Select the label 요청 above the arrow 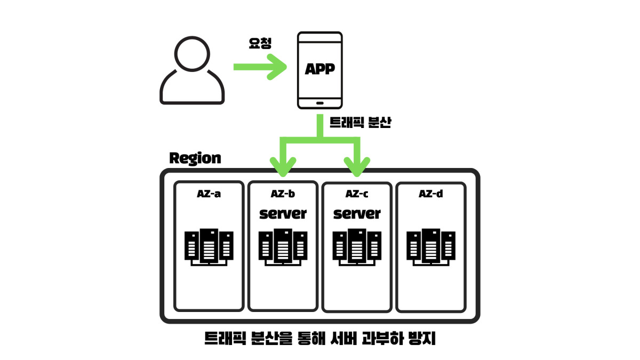pos(260,43)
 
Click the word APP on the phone pos(319,69)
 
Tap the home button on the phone pos(319,102)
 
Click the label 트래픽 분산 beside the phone pos(361,123)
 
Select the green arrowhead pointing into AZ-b pos(283,166)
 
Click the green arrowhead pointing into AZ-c pos(357,166)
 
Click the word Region pos(195,158)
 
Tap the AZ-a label pos(209,194)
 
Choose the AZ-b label pos(283,194)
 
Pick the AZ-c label pos(357,194)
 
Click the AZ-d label pos(430,194)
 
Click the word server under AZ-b pos(283,214)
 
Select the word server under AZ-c pos(357,214)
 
